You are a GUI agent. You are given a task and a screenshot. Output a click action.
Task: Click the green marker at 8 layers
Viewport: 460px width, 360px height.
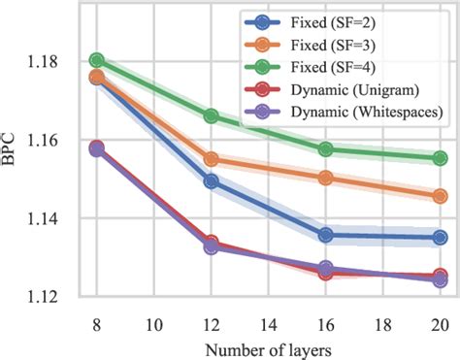click(97, 61)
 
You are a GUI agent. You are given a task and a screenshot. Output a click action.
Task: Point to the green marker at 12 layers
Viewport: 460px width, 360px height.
click(212, 116)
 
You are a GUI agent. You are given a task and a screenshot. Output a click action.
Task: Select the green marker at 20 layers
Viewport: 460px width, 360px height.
click(440, 158)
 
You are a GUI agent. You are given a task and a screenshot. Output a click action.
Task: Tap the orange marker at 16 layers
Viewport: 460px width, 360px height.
click(326, 178)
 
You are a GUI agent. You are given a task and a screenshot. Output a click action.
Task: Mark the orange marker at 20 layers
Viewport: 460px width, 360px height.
click(440, 196)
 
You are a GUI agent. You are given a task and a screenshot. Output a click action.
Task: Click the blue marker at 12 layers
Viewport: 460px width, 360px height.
click(212, 181)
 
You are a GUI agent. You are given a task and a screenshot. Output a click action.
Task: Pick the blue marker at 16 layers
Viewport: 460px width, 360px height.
click(326, 235)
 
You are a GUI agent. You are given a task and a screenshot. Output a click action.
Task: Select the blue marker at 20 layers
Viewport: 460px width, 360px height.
click(440, 237)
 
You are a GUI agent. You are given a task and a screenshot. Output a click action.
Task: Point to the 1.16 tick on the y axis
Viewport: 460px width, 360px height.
click(56, 141)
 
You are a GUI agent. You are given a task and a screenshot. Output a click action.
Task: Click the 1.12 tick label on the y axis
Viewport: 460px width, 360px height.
click(56, 297)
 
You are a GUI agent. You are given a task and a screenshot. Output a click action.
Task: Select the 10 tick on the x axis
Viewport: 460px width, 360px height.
click(153, 320)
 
